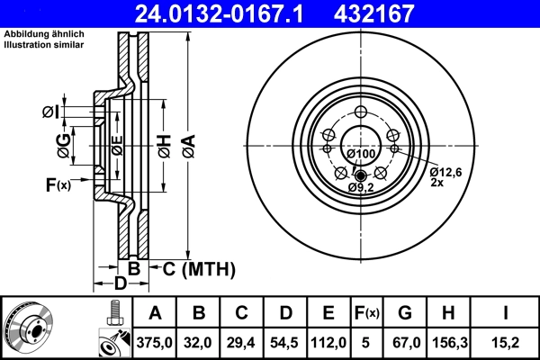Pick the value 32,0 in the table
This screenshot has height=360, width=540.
point(199,341)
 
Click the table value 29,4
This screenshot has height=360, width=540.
point(242,341)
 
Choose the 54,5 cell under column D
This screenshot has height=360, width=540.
point(285,341)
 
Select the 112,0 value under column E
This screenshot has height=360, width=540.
point(328,341)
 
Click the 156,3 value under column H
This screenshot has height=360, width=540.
point(453,341)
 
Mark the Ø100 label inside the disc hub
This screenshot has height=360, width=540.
point(361,154)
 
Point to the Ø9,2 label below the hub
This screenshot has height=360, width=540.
point(361,186)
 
